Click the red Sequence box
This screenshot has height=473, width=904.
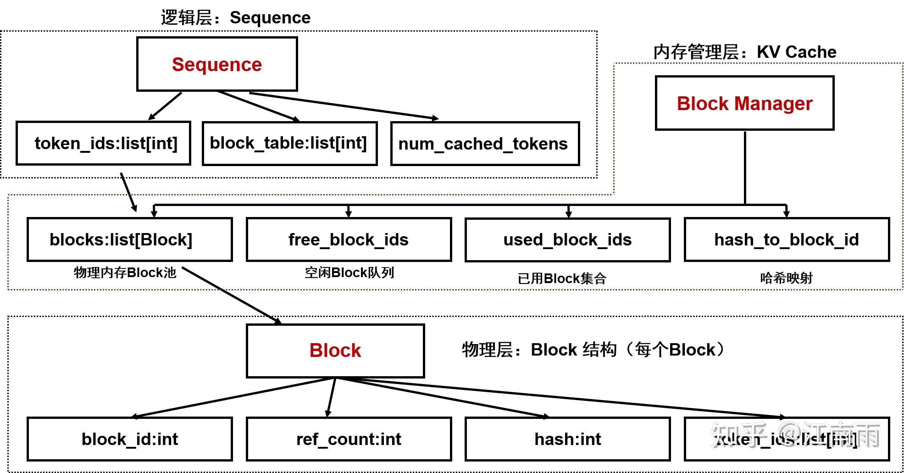(217, 64)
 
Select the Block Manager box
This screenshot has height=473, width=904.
(744, 103)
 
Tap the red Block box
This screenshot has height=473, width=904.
(335, 351)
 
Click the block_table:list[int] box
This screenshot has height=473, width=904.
(289, 143)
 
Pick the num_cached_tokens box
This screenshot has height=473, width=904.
(485, 144)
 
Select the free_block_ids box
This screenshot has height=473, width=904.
(349, 239)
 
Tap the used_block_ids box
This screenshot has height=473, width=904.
(567, 239)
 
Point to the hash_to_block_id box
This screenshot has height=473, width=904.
(787, 239)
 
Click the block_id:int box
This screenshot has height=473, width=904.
(130, 439)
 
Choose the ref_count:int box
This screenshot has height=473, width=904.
(349, 439)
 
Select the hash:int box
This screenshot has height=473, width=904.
(567, 439)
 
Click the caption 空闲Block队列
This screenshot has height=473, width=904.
(349, 273)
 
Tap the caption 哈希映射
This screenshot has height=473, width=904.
(786, 278)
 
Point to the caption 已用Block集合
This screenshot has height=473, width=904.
(562, 278)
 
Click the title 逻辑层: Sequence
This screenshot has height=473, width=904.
(235, 17)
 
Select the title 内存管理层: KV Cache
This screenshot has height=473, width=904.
(744, 52)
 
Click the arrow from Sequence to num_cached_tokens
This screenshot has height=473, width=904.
(344, 106)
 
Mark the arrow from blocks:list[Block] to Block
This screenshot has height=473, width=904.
(232, 295)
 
